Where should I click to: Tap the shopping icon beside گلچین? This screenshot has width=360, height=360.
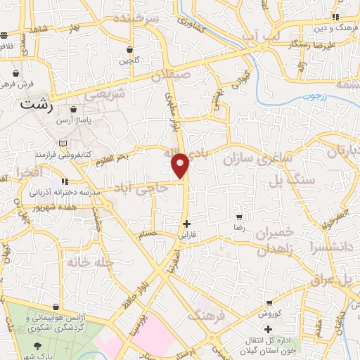click(130, 49)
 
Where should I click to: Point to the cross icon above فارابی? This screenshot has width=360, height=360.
click(186, 224)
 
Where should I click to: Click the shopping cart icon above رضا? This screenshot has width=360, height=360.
click(240, 217)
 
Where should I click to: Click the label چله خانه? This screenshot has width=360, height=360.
click(90, 262)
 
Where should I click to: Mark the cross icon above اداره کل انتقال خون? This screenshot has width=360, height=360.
click(267, 329)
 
